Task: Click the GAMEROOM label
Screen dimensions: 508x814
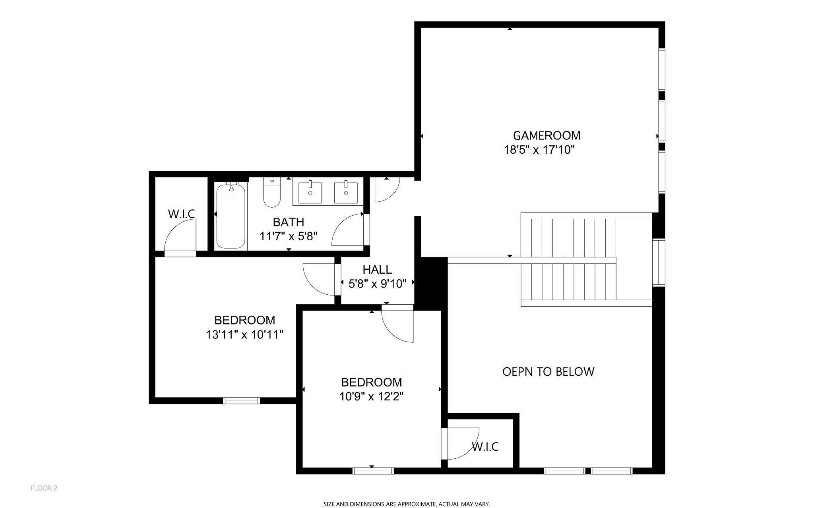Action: point(547,136)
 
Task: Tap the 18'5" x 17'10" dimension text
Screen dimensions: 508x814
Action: point(539,150)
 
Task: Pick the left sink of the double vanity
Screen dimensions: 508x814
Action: point(310,192)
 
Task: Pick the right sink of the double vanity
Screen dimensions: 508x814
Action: point(346,192)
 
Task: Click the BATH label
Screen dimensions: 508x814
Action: point(288,222)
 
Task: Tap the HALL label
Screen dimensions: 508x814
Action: point(377,270)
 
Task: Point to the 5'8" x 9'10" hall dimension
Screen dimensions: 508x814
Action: point(377,284)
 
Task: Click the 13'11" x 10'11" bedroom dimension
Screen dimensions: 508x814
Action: point(244,335)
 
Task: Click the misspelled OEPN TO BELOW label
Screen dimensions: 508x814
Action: point(548,372)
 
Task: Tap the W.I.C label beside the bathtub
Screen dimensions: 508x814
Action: point(181,214)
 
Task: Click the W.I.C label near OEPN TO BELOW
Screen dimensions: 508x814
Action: point(485,447)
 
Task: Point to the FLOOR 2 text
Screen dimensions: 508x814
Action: point(44,488)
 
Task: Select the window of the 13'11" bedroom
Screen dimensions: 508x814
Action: point(241,400)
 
